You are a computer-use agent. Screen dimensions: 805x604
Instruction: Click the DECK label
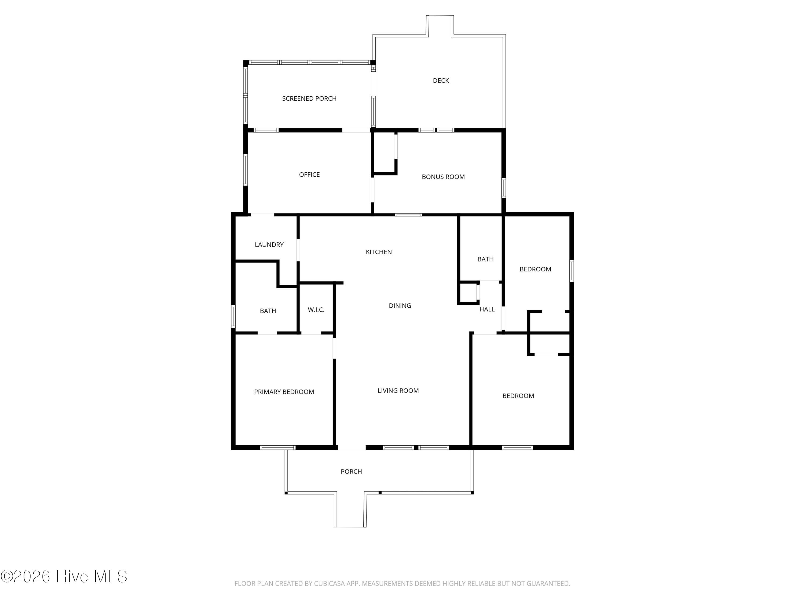click(x=441, y=81)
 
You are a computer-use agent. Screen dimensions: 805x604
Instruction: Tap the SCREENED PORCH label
click(x=309, y=98)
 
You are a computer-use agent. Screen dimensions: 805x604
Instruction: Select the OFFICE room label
click(x=309, y=174)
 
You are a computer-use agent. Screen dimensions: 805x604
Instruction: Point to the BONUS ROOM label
click(x=443, y=177)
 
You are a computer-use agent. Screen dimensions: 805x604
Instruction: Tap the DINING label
click(x=400, y=306)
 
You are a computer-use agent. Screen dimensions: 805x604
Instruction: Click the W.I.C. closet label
click(x=316, y=310)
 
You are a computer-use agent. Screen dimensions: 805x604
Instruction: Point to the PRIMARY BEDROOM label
click(x=284, y=392)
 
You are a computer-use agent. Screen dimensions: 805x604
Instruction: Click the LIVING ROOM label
click(x=398, y=391)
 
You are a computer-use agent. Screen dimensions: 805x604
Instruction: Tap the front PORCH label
click(x=351, y=471)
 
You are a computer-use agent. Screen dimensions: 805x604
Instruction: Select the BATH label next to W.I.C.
click(x=268, y=311)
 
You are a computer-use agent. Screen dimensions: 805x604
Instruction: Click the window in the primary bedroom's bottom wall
click(x=278, y=447)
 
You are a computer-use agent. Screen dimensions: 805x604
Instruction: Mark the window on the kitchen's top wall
click(x=408, y=215)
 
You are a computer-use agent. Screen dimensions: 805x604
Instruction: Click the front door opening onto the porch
click(x=352, y=447)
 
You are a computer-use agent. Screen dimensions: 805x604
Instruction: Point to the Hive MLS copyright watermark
click(x=64, y=576)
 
